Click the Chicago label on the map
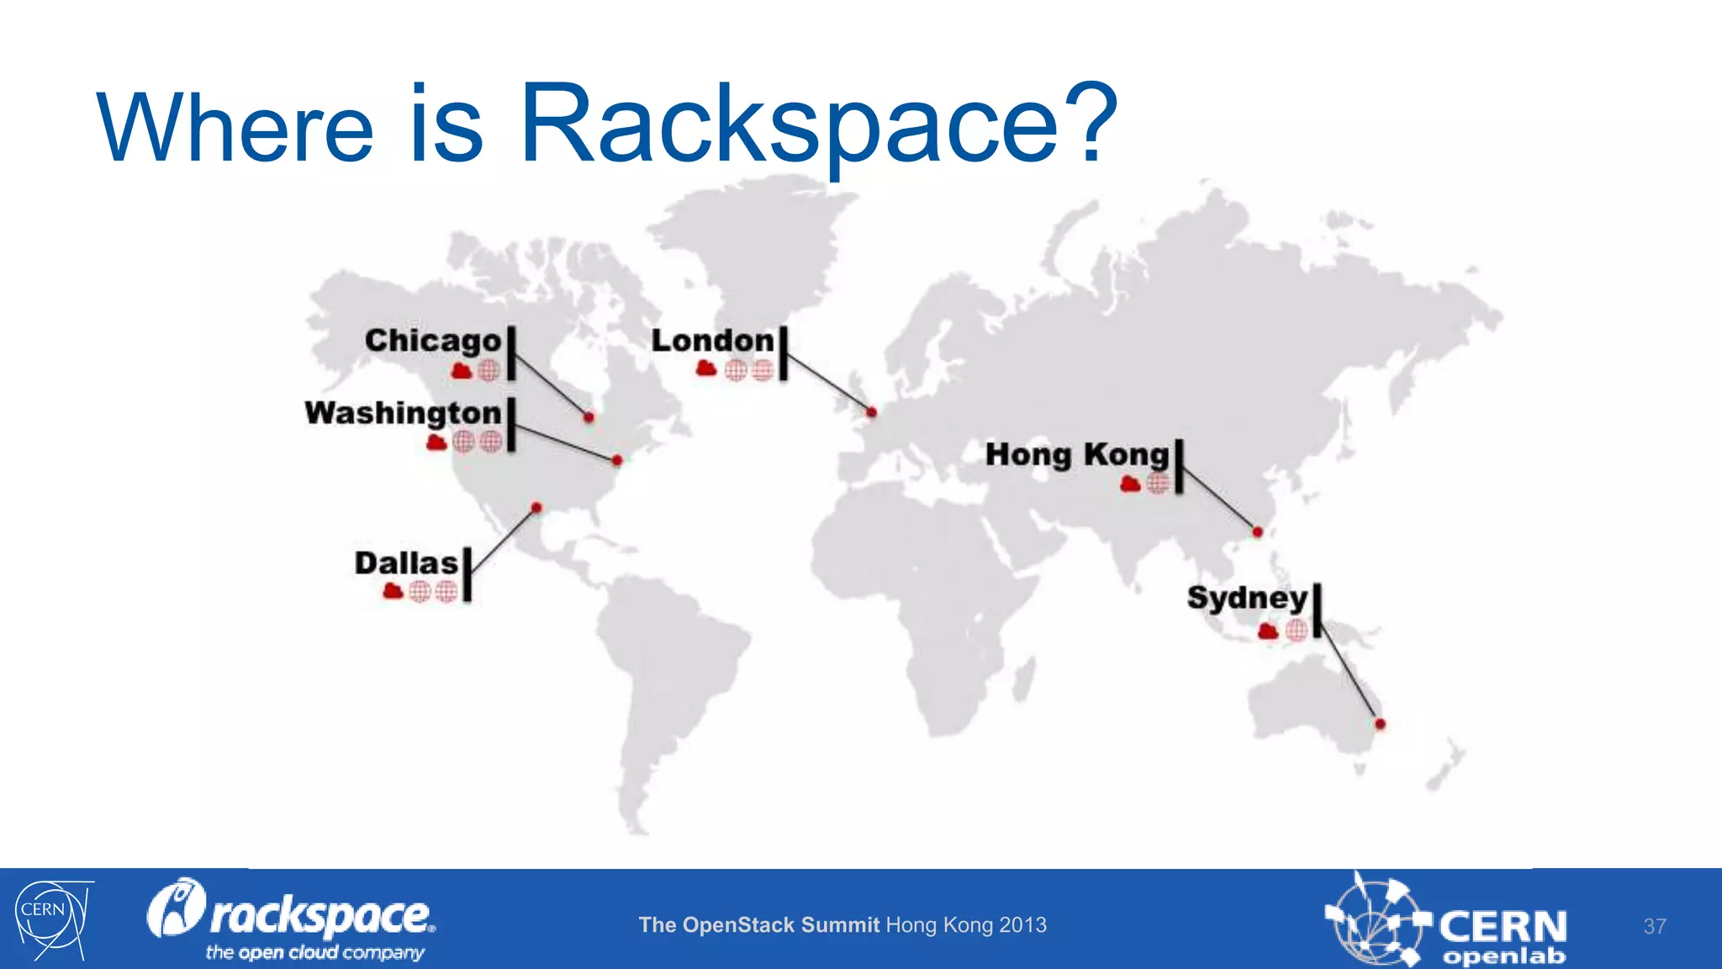433,341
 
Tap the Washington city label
403,413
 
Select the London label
712,341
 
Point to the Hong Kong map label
1077,454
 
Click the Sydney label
1247,598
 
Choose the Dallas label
406,563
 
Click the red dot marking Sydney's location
1380,723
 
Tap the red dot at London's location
872,412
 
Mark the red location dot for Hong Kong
1257,532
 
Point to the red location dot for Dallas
536,507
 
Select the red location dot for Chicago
589,417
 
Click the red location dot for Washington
617,460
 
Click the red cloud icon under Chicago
462,370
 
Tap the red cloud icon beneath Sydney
1268,631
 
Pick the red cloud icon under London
706,368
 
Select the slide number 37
1655,926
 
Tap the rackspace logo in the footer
292,919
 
